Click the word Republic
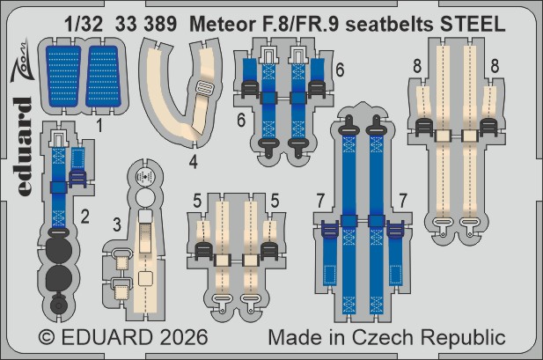(473, 338)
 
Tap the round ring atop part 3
(143, 177)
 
